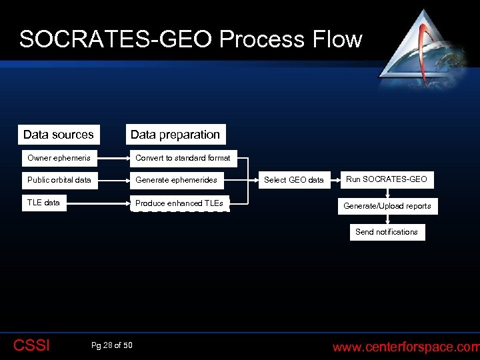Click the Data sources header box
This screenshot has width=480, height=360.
pyautogui.click(x=59, y=135)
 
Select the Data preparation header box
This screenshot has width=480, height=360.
pyautogui.click(x=175, y=135)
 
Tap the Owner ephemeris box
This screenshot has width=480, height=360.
pyautogui.click(x=59, y=159)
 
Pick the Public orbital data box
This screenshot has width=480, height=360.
pyautogui.click(x=59, y=180)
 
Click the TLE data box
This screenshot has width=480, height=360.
pyautogui.click(x=59, y=203)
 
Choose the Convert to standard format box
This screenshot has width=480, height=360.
pyautogui.click(x=183, y=159)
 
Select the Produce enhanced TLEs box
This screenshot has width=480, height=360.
pyautogui.click(x=179, y=203)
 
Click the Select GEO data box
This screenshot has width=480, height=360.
pyautogui.click(x=294, y=180)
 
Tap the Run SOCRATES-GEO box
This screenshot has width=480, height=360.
pyautogui.click(x=387, y=179)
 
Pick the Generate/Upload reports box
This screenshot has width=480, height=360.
pyautogui.click(x=387, y=206)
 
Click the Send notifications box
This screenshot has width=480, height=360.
pyautogui.click(x=387, y=232)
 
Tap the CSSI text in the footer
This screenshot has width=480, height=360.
pyautogui.click(x=31, y=345)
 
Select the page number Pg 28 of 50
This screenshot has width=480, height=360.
pyautogui.click(x=111, y=345)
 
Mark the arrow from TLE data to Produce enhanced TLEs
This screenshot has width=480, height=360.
pyautogui.click(x=113, y=203)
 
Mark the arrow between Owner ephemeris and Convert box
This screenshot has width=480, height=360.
pyautogui.click(x=113, y=159)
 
